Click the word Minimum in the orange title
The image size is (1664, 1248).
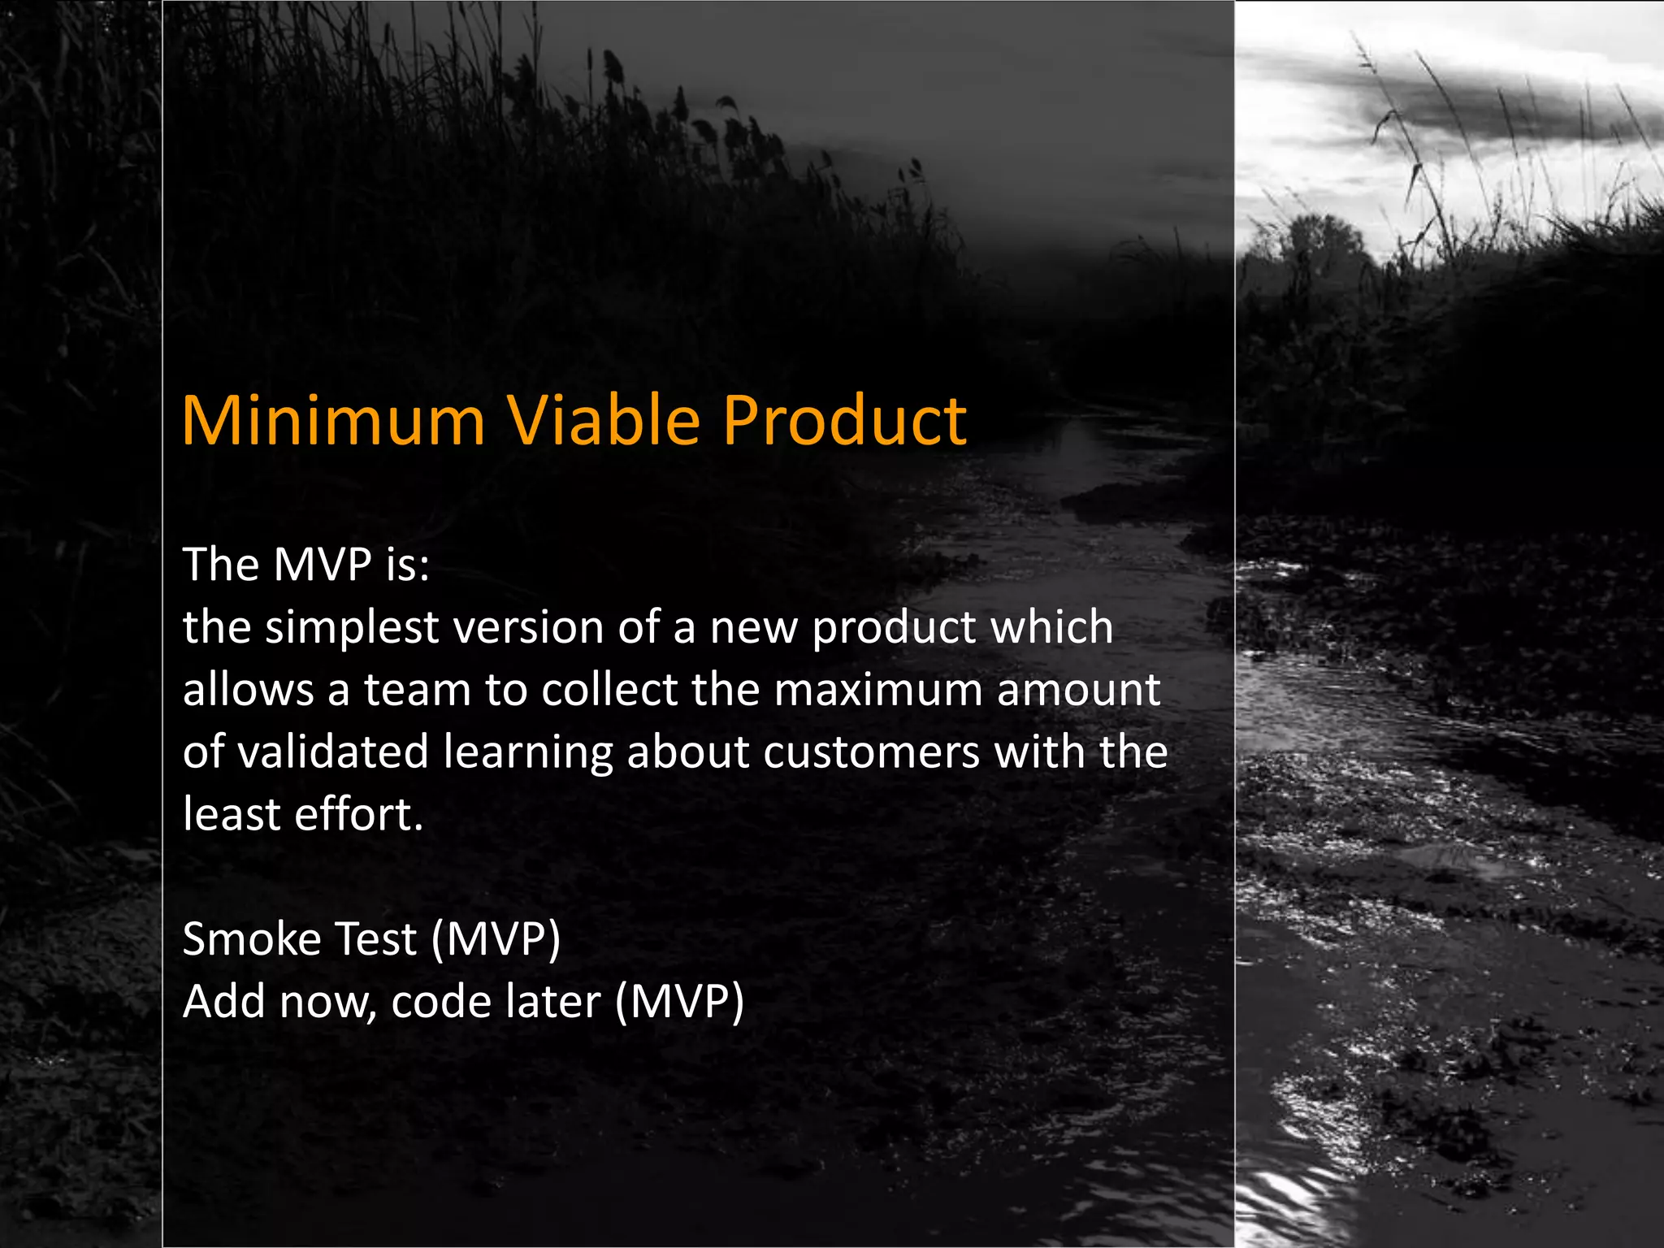[333, 421]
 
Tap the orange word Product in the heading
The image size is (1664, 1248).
[844, 421]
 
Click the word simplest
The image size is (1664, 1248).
[351, 628]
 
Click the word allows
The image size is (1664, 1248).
[248, 690]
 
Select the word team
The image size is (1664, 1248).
[417, 690]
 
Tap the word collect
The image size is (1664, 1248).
[609, 690]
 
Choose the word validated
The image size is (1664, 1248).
[333, 752]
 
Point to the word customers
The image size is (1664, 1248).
[871, 752]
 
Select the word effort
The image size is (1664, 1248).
[358, 814]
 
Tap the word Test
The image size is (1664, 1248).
[375, 939]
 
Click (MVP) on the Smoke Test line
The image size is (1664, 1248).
[496, 939]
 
